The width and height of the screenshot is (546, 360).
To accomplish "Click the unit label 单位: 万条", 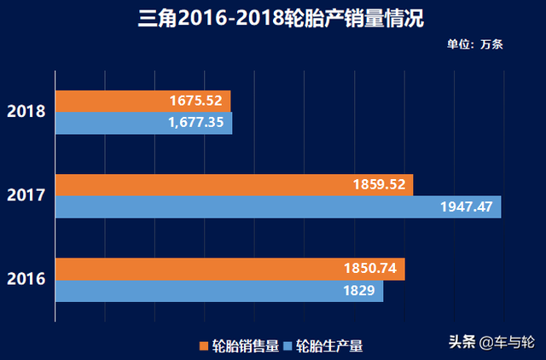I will coord(474,44).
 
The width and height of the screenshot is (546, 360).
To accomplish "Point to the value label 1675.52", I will coord(196,101).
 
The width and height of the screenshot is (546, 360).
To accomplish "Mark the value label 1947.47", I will coord(467,206).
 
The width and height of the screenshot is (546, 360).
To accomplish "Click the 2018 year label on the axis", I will coord(26,112).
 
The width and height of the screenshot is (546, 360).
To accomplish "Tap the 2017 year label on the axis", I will coord(26,195).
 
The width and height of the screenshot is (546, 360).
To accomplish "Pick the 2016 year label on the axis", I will coord(26,279).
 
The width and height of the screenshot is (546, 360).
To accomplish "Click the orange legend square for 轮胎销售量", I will coord(204,345).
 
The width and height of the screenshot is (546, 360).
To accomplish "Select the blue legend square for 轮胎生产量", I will coord(288,345).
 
